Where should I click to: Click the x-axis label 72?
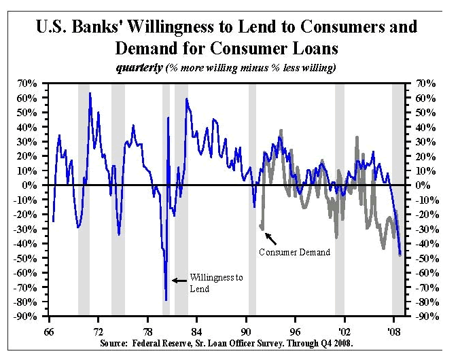click(98, 325)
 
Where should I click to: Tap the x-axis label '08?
click(392, 325)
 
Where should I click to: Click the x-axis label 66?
click(49, 325)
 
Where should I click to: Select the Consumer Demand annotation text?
click(294, 252)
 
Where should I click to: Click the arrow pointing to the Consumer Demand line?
click(270, 238)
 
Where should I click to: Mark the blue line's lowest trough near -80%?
click(166, 300)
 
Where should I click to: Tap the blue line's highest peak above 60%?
click(90, 93)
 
